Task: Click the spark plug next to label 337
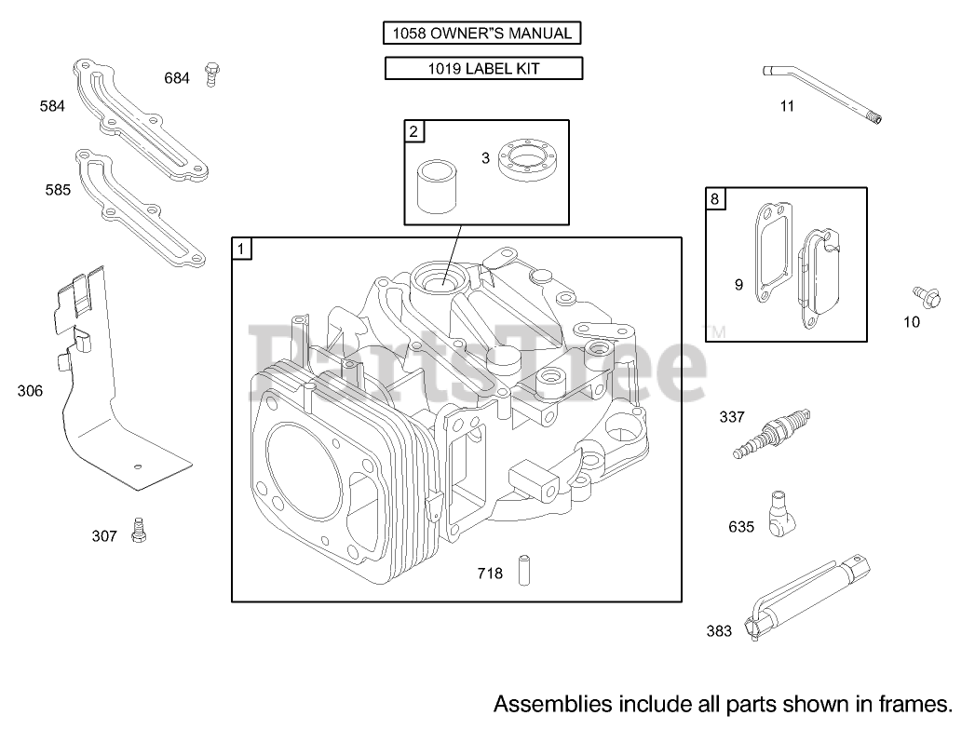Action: pos(772,433)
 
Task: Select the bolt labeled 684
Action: pos(212,74)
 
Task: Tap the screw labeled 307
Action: pos(140,531)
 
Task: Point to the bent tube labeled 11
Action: pos(822,94)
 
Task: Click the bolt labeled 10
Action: pos(927,298)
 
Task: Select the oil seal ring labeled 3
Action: pos(527,160)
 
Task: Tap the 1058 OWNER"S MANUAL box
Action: pos(481,33)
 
